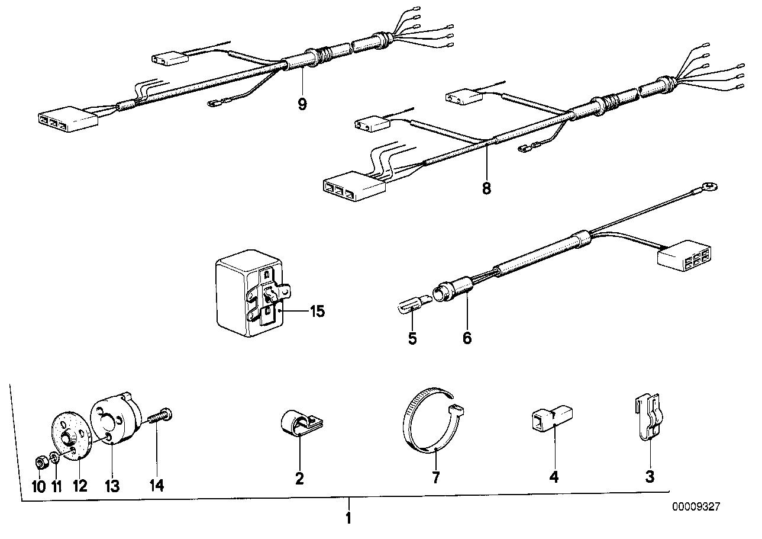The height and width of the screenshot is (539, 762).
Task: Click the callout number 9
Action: pos(302,104)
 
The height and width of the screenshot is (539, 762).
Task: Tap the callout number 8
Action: pos(487,188)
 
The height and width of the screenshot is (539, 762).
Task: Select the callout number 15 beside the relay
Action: pos(317,311)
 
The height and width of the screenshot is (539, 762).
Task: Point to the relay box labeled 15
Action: pos(254,293)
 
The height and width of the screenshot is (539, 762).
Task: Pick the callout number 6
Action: pos(467,338)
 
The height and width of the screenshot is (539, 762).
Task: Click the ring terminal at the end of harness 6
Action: pos(711,186)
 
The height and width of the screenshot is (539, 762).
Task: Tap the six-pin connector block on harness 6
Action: pos(684,255)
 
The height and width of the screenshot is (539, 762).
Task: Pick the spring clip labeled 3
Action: pos(650,418)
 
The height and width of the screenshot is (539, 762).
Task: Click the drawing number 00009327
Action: pos(696,506)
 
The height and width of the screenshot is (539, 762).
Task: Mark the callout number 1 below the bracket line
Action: pos(348,518)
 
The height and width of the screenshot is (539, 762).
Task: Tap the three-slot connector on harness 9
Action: pos(67,119)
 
